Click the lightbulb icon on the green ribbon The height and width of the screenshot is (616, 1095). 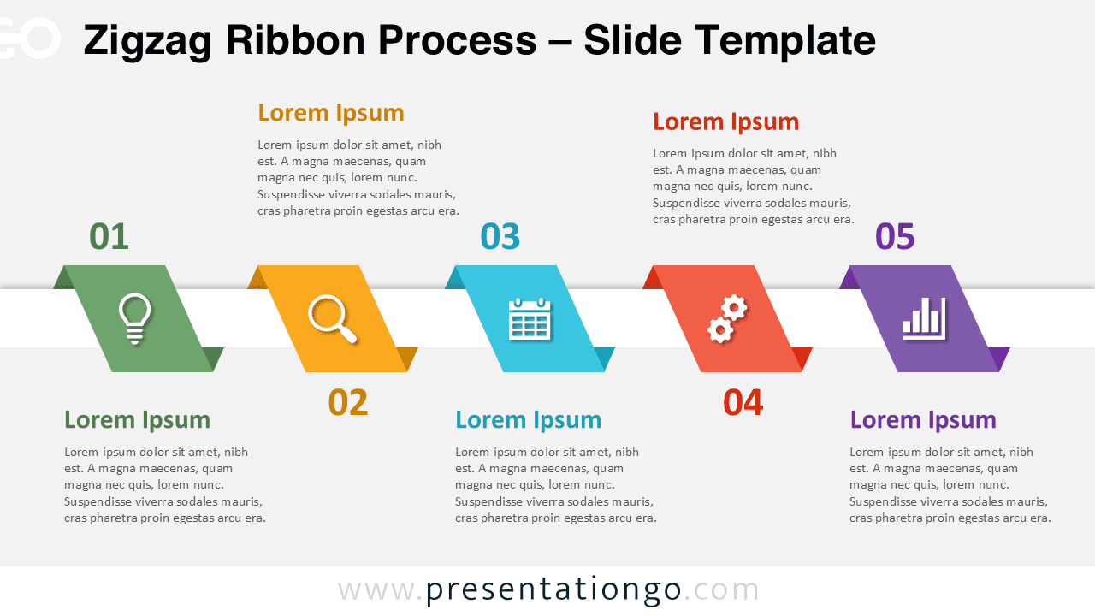tap(135, 318)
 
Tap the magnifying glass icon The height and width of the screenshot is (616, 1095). tap(332, 318)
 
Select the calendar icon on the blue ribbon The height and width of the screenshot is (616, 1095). tap(530, 319)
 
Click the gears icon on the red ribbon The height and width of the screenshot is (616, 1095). tap(727, 318)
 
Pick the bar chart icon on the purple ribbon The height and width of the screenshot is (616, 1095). tap(924, 318)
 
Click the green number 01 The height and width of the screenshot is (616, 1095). tap(109, 237)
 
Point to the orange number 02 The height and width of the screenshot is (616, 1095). tap(348, 403)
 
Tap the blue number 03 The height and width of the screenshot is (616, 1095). tap(500, 237)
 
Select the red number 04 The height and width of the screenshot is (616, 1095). tap(743, 403)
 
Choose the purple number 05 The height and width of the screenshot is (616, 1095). tap(895, 237)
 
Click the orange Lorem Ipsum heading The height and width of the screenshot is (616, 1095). tap(330, 113)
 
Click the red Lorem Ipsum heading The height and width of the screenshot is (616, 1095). tap(725, 121)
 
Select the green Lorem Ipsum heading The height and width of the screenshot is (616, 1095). tap(137, 419)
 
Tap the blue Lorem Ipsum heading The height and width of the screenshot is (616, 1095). tap(528, 419)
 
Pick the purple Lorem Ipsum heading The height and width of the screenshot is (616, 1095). tap(922, 419)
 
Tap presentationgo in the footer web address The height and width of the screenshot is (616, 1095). tap(553, 589)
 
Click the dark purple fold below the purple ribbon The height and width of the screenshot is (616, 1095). tap(999, 357)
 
